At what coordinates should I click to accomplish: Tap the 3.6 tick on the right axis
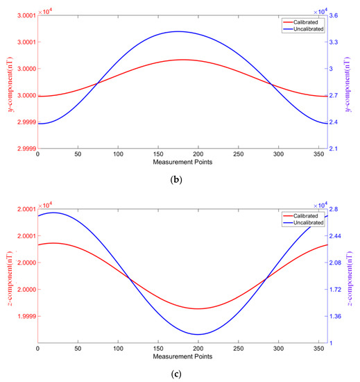point(338,15)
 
